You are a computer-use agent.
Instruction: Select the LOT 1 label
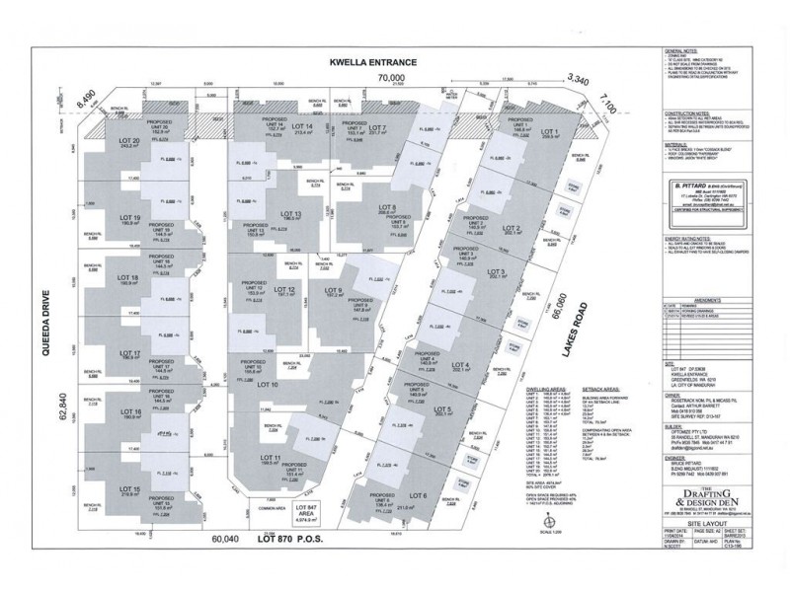click(549, 132)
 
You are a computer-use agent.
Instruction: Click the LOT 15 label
click(130, 490)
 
